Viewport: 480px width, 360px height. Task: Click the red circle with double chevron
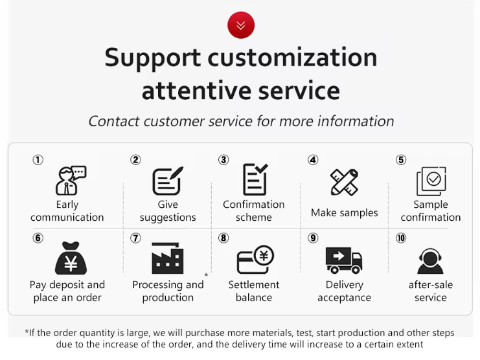(x=241, y=25)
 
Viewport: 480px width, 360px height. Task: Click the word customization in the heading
(x=292, y=57)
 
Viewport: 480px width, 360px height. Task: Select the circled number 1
(x=38, y=160)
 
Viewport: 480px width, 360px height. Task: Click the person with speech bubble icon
(x=71, y=181)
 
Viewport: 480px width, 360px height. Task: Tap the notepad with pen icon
(x=168, y=181)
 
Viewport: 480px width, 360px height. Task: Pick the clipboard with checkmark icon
(x=255, y=179)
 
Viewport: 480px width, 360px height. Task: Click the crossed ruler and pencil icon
(x=345, y=182)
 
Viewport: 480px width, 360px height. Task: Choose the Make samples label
(x=345, y=212)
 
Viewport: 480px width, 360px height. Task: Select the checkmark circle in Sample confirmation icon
(x=433, y=179)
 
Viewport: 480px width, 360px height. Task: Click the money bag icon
(x=71, y=258)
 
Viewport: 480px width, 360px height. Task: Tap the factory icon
(x=168, y=258)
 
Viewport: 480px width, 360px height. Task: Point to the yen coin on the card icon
(x=264, y=256)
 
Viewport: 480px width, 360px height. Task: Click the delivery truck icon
(x=344, y=260)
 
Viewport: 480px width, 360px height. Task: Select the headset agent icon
(x=430, y=261)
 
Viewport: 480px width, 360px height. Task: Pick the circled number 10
(x=401, y=238)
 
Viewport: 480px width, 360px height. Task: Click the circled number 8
(x=223, y=238)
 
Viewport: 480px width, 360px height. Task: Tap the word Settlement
(x=254, y=285)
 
